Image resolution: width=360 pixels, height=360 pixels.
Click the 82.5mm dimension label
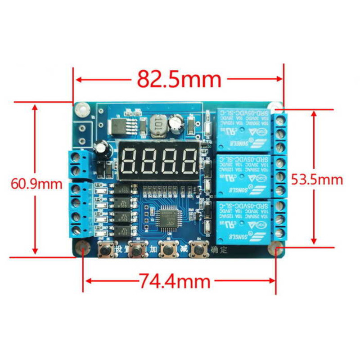179,80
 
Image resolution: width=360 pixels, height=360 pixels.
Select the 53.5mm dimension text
317,180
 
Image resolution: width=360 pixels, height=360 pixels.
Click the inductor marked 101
157,125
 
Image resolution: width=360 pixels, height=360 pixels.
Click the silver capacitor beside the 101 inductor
175,123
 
